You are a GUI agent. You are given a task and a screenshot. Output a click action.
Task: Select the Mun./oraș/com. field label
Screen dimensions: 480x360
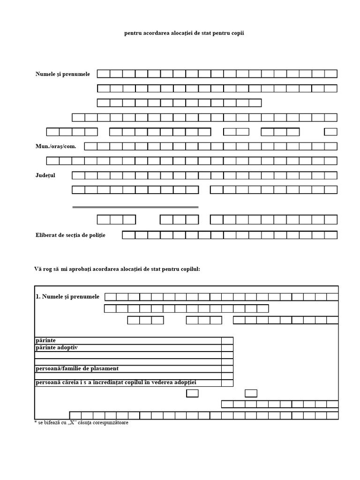tap(55, 146)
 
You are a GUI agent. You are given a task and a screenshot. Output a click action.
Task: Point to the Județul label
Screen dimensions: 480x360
tap(45, 175)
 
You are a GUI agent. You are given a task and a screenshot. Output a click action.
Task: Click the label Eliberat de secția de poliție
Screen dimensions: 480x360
tap(70, 235)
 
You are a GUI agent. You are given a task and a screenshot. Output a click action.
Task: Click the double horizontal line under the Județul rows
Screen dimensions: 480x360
tap(135, 207)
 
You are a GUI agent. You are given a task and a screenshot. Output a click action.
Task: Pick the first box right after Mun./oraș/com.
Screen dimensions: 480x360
tap(91, 146)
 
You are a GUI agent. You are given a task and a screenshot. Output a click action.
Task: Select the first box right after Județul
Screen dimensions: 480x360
tap(78, 175)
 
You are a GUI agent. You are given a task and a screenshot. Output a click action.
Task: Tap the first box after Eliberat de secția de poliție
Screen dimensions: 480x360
tap(129, 235)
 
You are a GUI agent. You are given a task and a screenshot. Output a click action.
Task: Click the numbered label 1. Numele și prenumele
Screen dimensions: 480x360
tap(67, 297)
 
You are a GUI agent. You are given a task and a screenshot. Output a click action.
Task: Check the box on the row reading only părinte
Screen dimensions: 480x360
tap(227, 341)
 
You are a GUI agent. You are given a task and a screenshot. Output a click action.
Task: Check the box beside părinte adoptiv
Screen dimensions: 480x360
tap(227, 348)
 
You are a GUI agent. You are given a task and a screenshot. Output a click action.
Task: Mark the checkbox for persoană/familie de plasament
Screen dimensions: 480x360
tap(227, 369)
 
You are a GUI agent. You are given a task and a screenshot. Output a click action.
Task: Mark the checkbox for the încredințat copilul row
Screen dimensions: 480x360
tap(227, 383)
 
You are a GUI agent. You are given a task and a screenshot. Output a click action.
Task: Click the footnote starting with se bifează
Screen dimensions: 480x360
tap(82, 422)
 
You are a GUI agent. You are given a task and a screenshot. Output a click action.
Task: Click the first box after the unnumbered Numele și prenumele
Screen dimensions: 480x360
tap(103, 74)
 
